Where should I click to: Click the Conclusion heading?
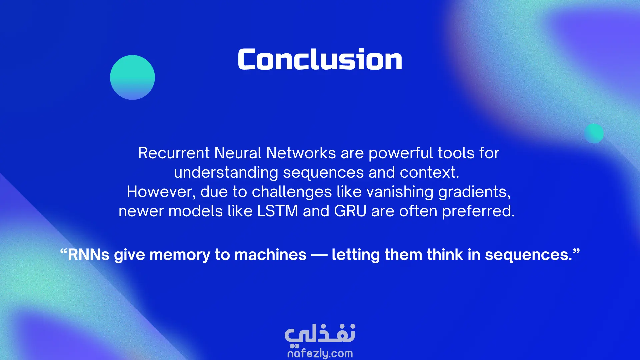pos(320,59)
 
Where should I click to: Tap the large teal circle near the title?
pos(132,77)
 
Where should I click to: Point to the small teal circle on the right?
pos(594,133)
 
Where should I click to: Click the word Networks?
pos(301,153)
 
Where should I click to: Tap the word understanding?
pos(226,173)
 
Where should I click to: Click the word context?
pos(429,173)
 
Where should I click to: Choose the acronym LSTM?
pos(278,211)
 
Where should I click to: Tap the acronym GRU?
pos(350,211)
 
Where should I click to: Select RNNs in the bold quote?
pos(89,255)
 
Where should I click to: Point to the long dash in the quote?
pos(319,255)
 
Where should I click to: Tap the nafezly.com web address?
pos(320,353)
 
